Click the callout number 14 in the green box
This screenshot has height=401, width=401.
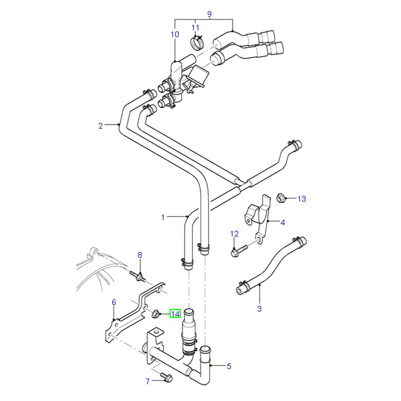coord(175,314)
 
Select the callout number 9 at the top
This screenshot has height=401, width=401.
coord(209,13)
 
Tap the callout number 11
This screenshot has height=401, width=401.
coord(195,27)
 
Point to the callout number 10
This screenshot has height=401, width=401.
coord(174,35)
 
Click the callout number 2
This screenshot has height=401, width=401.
coord(100,125)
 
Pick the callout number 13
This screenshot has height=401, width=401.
coord(301,199)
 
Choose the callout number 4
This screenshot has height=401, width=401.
coord(283,222)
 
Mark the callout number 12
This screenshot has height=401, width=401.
coord(234,234)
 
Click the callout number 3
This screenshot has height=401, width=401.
coord(259,309)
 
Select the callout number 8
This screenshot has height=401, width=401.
coord(140,256)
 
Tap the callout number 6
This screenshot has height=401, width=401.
coord(114,302)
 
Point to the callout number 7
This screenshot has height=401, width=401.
coord(148,381)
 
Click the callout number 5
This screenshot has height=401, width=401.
coord(229,366)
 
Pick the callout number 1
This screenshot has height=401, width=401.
coord(162,217)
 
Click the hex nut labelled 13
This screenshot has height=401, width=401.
coord(281,198)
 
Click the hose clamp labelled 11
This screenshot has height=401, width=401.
coord(196,42)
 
